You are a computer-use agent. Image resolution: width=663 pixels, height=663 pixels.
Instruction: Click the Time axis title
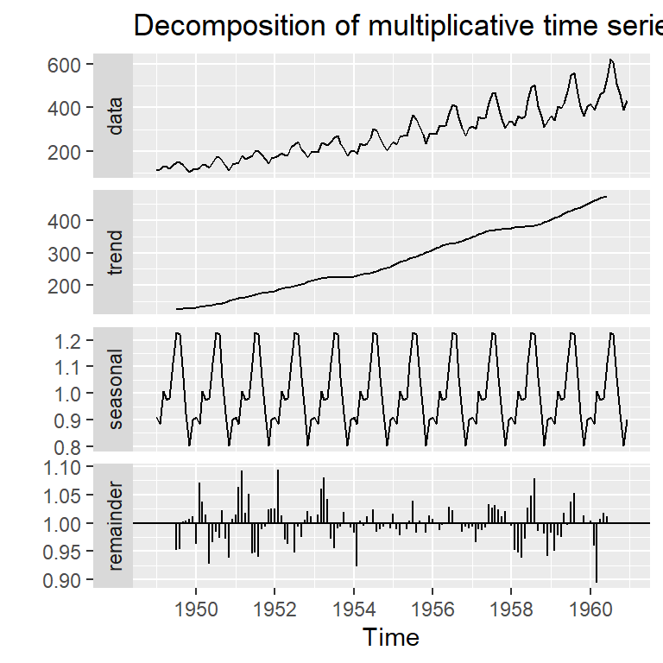point(391,638)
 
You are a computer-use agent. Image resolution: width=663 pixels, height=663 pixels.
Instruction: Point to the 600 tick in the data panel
point(66,65)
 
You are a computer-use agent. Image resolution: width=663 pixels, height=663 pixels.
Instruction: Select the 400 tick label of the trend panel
point(66,221)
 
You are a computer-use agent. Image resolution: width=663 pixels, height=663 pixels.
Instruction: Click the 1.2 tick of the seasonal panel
point(72,341)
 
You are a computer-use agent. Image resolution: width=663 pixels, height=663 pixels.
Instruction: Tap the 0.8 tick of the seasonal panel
point(72,447)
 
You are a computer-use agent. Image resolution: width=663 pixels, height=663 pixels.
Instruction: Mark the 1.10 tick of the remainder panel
point(66,467)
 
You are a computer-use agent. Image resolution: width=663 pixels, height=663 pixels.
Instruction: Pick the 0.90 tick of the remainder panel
point(66,580)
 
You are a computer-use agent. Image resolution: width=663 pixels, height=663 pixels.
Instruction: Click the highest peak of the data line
point(611,60)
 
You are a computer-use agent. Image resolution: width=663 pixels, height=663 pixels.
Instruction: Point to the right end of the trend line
point(606,197)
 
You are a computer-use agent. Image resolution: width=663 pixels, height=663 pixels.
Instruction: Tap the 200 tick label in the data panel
point(66,151)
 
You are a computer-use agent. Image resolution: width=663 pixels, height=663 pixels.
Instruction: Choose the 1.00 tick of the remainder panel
point(66,524)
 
